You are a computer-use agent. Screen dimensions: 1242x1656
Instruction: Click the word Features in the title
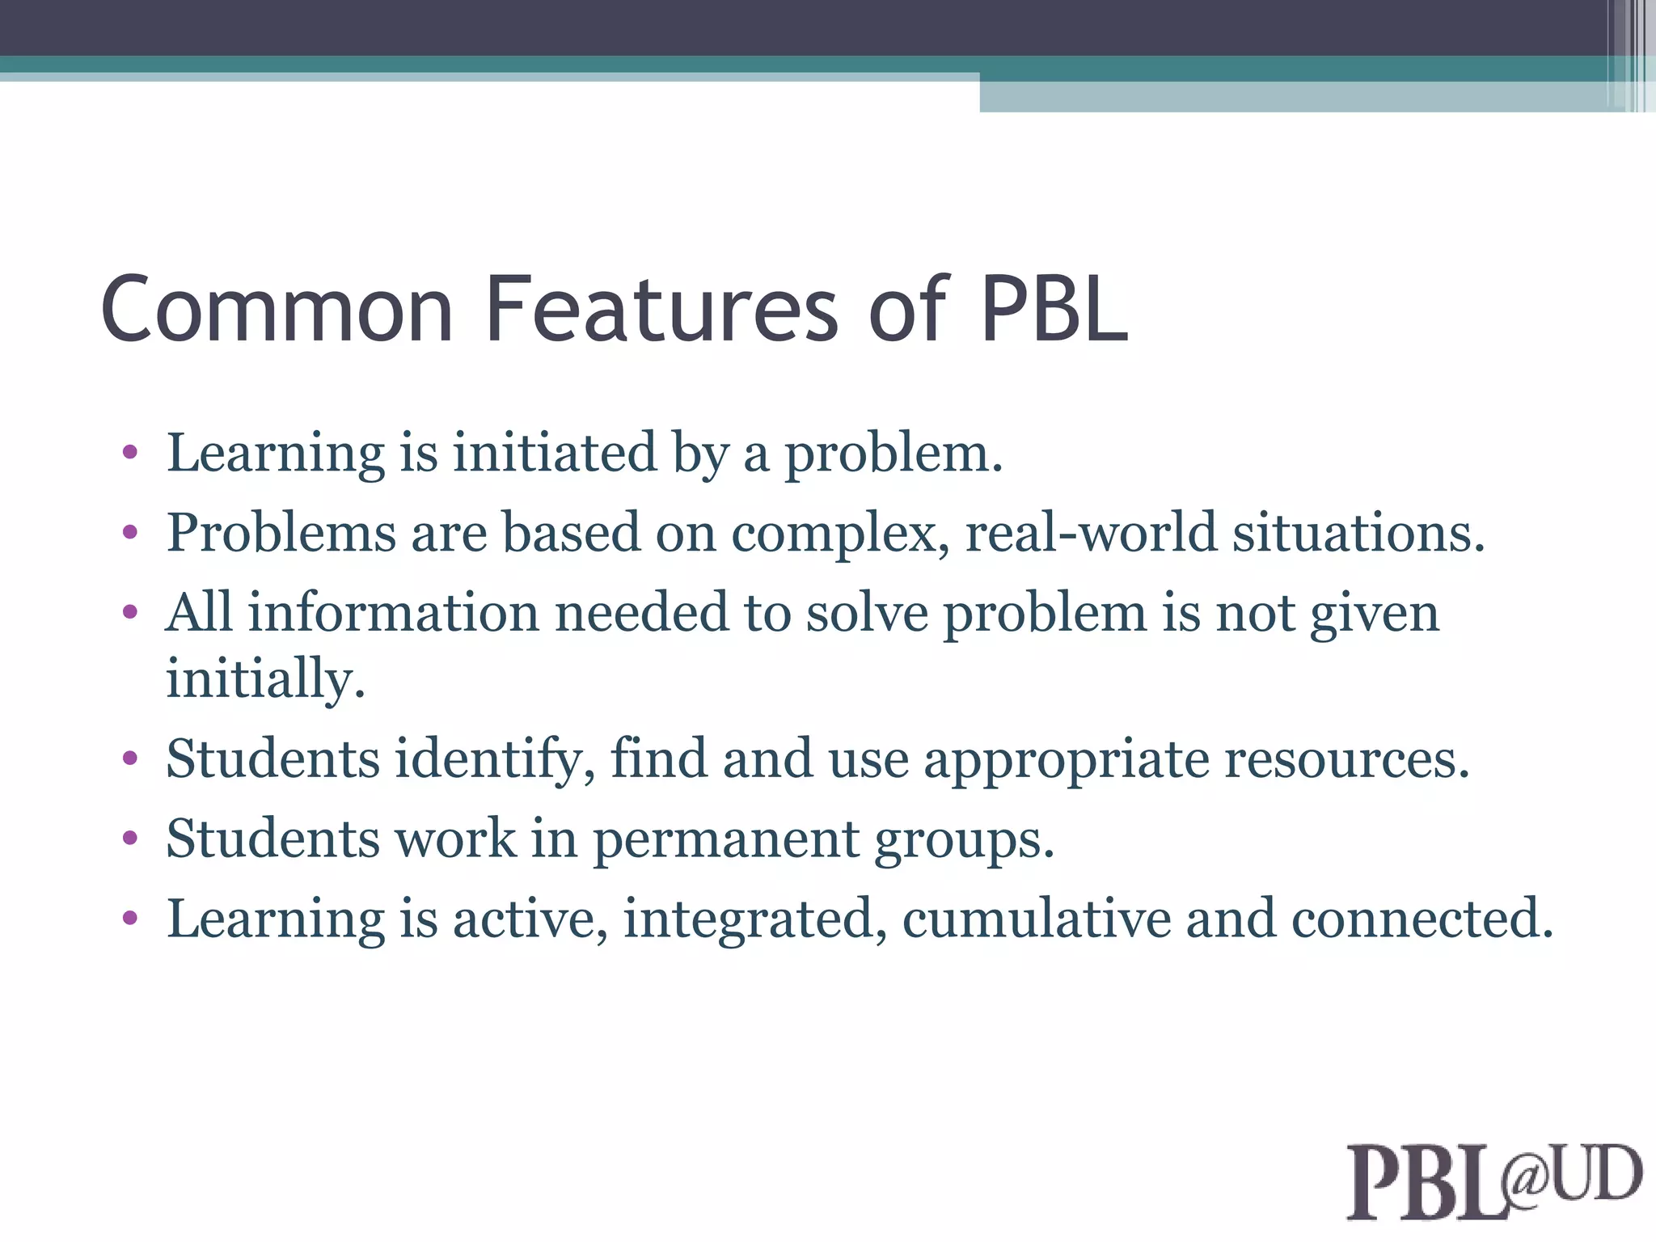(662, 310)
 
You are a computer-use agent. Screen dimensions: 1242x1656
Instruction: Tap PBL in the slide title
(1054, 310)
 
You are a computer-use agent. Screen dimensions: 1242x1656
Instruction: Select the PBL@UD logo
(1493, 1181)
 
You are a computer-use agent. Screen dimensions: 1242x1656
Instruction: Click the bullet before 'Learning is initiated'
(130, 453)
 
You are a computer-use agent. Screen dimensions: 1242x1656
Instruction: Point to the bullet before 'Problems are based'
(130, 533)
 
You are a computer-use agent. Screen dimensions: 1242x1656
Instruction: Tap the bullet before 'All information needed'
(130, 612)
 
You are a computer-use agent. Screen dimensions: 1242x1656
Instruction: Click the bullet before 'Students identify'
(130, 758)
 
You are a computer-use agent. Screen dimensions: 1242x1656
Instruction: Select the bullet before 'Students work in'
(130, 839)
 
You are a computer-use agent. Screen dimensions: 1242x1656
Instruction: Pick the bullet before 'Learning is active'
(130, 919)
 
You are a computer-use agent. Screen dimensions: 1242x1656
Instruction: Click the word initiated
(554, 453)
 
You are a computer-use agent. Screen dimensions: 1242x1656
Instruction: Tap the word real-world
(1091, 533)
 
